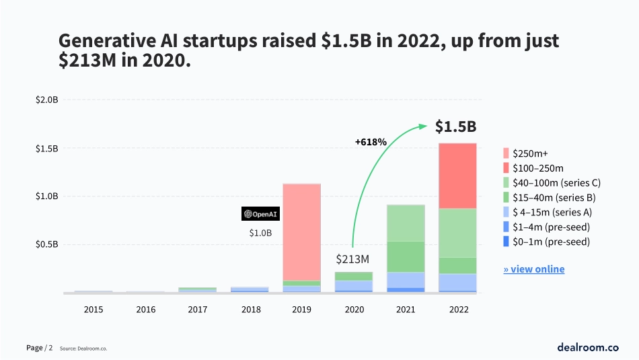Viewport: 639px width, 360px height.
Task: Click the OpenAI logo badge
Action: [260, 214]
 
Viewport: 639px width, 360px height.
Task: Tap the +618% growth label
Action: [371, 142]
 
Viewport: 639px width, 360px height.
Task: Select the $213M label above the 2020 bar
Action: [352, 259]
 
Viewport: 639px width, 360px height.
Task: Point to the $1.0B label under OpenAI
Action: [260, 233]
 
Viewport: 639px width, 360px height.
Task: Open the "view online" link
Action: [534, 269]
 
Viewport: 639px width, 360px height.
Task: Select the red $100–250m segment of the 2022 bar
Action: [457, 176]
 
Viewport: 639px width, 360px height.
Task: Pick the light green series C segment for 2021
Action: [406, 223]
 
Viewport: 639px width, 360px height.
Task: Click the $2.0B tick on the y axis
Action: [47, 100]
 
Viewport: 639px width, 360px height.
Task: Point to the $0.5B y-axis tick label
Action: [47, 244]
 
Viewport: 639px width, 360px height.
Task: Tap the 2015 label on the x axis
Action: [93, 310]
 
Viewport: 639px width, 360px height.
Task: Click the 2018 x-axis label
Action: [250, 310]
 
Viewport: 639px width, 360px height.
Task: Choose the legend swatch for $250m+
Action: [506, 153]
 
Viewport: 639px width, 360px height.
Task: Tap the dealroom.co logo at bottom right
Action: [587, 347]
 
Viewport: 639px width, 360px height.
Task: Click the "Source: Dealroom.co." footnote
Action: [83, 349]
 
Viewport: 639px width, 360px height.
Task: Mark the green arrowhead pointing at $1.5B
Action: [424, 126]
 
